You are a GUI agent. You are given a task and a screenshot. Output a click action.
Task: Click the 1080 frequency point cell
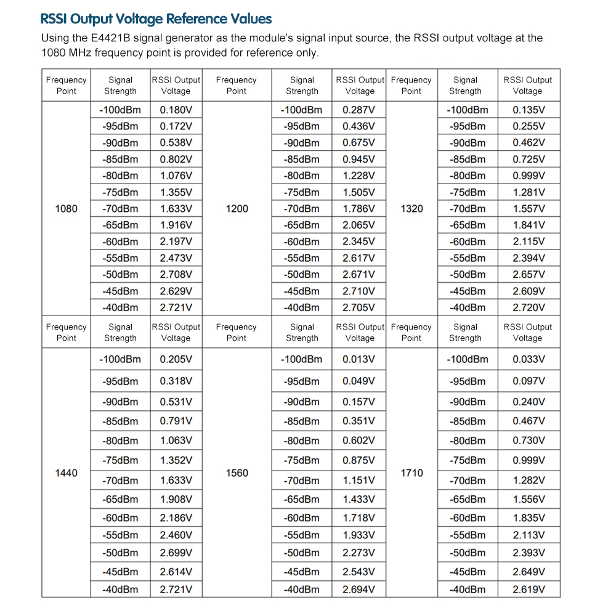click(x=67, y=209)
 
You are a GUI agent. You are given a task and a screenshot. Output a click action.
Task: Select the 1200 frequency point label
click(x=237, y=209)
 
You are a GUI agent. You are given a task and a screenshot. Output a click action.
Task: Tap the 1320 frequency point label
click(x=411, y=209)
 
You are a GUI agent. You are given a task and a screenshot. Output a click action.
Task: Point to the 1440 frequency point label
click(x=67, y=473)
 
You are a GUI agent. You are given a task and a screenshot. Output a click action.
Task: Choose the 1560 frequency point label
click(x=237, y=473)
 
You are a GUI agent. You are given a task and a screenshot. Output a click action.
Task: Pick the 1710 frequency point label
click(x=411, y=473)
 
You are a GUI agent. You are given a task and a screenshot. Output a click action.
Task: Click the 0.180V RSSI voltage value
click(x=176, y=110)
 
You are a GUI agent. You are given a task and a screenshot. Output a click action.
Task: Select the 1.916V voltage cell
click(x=176, y=225)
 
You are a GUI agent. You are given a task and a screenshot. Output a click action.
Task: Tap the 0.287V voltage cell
click(x=359, y=110)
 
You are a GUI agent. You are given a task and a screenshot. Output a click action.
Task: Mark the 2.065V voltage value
click(x=359, y=225)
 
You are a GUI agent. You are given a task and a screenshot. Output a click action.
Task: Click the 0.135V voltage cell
click(x=529, y=110)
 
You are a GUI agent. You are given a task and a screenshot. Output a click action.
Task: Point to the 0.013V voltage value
click(x=359, y=359)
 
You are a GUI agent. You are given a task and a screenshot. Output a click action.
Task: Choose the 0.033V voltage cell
click(x=529, y=359)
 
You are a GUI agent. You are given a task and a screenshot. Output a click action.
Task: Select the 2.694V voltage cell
click(x=359, y=590)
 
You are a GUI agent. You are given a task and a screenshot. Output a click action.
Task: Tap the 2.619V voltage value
click(x=529, y=590)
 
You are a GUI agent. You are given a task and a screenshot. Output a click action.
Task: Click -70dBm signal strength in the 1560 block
click(x=302, y=480)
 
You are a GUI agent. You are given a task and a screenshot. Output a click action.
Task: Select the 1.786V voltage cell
click(x=359, y=209)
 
